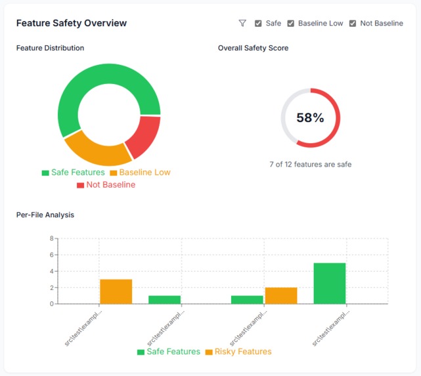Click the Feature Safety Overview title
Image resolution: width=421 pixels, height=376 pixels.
click(x=71, y=23)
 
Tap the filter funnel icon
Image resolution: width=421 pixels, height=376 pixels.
click(x=242, y=23)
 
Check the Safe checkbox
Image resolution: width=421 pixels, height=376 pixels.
click(x=258, y=24)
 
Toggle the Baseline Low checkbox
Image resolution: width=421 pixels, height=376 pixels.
click(x=291, y=24)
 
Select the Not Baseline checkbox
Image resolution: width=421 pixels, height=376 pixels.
click(x=353, y=24)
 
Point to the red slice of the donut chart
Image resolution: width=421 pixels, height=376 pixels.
click(x=144, y=136)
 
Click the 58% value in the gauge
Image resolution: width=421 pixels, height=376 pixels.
click(x=310, y=118)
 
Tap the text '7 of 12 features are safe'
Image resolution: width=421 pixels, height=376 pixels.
click(x=310, y=164)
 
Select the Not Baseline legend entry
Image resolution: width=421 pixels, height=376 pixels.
click(x=106, y=185)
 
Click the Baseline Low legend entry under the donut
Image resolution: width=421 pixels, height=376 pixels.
click(x=140, y=173)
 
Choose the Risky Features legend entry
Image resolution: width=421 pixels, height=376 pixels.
click(x=238, y=352)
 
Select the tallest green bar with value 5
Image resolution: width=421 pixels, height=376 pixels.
click(x=330, y=283)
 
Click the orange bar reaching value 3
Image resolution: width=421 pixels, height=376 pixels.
click(x=116, y=291)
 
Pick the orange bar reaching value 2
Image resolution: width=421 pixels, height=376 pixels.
click(x=281, y=295)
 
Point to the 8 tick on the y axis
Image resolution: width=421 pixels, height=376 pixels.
click(x=51, y=239)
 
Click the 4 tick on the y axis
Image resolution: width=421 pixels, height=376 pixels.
click(x=51, y=271)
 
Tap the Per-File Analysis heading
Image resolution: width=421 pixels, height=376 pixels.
click(x=45, y=215)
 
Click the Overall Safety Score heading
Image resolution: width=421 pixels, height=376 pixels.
click(x=253, y=48)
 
